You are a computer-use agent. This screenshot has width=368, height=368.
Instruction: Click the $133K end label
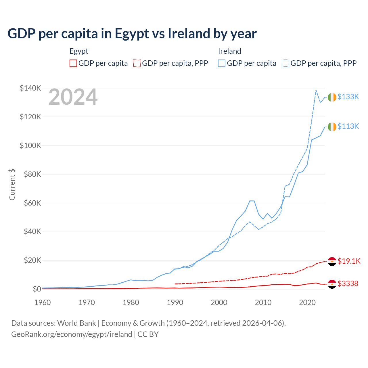[x=348, y=97]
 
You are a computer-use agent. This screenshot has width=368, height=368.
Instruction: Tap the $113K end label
[x=348, y=126]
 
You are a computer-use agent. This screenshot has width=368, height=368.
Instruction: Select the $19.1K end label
[x=349, y=261]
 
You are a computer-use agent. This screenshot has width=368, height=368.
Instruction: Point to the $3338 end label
[x=348, y=283]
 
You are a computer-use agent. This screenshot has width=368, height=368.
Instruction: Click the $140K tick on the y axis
[x=30, y=88]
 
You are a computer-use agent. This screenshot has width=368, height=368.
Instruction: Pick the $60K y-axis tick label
[x=32, y=203]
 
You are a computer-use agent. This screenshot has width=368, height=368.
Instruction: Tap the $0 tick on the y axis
[x=37, y=289]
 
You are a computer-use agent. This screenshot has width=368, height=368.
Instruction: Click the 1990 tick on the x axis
[x=175, y=302]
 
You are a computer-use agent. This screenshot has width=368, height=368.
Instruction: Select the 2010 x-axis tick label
[x=263, y=302]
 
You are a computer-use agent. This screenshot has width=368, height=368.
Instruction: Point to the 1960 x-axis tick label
[x=43, y=302]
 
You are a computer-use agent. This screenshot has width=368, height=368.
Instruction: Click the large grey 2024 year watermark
[x=73, y=97]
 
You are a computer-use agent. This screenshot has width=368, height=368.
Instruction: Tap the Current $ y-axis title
[x=12, y=185]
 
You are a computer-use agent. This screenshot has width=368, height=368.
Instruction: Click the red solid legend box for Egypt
[x=73, y=63]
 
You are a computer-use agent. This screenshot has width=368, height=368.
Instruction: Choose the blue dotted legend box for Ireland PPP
[x=285, y=63]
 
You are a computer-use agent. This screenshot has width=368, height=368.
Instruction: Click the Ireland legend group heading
[x=229, y=51]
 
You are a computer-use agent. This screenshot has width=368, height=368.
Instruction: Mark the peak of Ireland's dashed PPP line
[x=316, y=90]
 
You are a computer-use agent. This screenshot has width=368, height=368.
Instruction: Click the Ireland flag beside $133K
[x=332, y=97]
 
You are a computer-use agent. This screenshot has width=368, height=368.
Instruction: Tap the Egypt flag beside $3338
[x=332, y=284]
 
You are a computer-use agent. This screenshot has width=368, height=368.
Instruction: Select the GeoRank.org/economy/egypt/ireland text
[x=72, y=334]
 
